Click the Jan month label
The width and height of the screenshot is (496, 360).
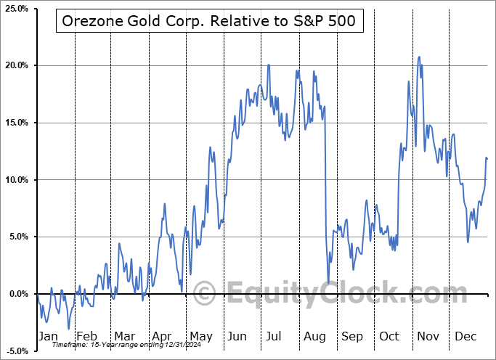click(47, 336)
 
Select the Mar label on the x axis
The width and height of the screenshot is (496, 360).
click(124, 336)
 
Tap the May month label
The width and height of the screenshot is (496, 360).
click(200, 336)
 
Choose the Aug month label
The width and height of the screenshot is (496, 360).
click(315, 336)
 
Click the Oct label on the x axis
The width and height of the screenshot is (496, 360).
click(389, 336)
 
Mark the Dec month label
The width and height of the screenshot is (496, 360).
click(466, 336)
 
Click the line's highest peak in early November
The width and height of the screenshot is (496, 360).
click(418, 57)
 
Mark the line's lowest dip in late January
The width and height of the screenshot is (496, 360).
click(68, 329)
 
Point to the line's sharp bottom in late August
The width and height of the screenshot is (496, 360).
click(328, 282)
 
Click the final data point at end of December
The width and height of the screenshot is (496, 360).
click(487, 158)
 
